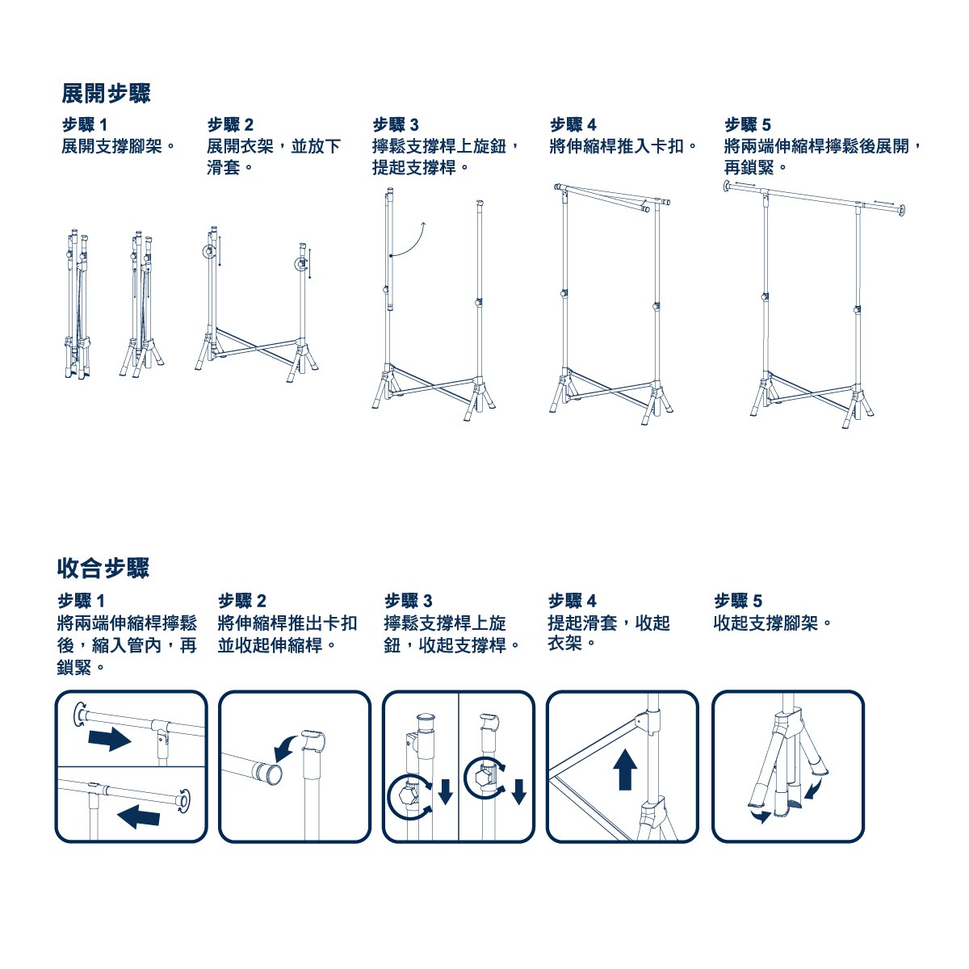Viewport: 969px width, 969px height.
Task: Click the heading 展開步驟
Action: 106,93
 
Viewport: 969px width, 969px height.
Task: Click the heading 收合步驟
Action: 103,568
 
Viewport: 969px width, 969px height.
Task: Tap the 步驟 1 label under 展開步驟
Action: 85,124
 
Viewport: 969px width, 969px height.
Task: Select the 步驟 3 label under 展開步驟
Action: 395,124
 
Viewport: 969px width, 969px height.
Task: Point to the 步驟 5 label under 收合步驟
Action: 738,601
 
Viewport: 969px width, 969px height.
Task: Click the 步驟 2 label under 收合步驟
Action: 242,601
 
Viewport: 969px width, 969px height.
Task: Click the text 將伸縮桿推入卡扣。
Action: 624,146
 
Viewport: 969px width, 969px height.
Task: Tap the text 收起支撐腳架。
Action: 774,623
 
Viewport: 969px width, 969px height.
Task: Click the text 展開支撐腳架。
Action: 120,146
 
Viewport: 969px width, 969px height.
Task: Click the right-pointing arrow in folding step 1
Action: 110,739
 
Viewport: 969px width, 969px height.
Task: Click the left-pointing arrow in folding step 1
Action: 138,816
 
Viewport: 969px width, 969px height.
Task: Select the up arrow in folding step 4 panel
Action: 625,776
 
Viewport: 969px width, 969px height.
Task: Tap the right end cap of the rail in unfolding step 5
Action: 902,210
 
